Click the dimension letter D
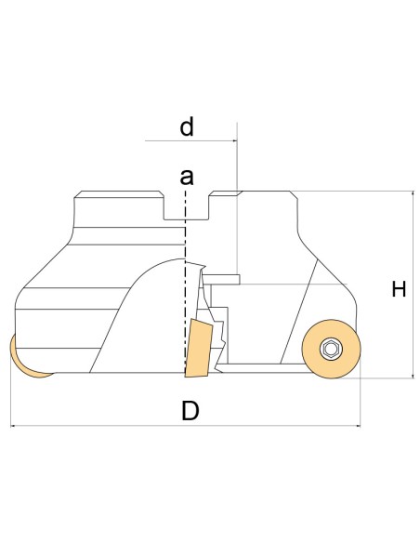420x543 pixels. click(x=190, y=410)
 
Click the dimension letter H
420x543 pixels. click(x=399, y=289)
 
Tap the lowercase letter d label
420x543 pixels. click(x=187, y=126)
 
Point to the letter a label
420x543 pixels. click(x=187, y=177)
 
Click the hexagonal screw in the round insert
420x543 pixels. click(x=331, y=349)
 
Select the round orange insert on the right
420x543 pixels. click(x=331, y=349)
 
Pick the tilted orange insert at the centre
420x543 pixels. click(x=198, y=348)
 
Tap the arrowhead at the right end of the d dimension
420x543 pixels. click(x=235, y=141)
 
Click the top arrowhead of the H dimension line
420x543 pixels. click(x=413, y=193)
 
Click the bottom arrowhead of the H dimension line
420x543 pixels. click(x=413, y=376)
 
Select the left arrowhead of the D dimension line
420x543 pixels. click(x=13, y=426)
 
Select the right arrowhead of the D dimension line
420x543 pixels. click(x=358, y=426)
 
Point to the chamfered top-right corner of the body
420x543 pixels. click(x=294, y=195)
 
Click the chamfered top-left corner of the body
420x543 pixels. click(x=78, y=194)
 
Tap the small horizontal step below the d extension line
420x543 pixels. click(x=221, y=280)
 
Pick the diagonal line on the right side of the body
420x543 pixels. click(x=299, y=311)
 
